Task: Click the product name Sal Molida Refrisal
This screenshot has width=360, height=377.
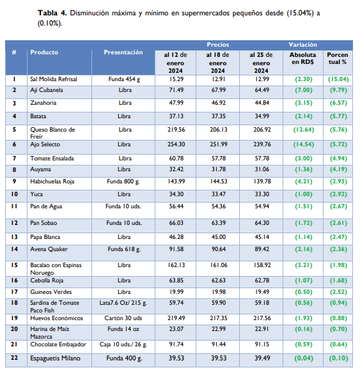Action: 53,79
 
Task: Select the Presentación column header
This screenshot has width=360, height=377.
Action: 123,52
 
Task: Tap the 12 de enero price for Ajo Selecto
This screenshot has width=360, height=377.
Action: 176,144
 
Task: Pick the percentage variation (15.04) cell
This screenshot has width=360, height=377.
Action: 338,79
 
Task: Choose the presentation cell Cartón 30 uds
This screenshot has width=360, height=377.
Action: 124,317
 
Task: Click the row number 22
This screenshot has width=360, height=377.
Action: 14,358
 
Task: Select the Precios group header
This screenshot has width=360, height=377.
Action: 218,45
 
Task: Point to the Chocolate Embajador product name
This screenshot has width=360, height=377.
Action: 58,344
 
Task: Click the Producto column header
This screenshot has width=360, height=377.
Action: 44,52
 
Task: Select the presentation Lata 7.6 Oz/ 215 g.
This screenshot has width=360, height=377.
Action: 124,304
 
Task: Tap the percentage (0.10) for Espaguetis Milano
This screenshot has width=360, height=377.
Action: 338,358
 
